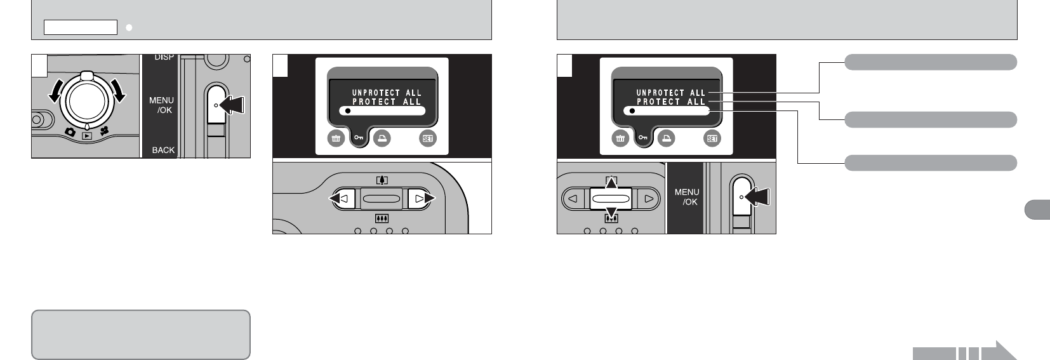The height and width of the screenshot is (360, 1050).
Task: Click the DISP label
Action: coord(164,58)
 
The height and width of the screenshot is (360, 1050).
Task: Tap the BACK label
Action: coord(163,150)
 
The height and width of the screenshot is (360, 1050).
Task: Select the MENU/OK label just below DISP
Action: coord(161,105)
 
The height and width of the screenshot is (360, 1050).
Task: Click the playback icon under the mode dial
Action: coord(86,135)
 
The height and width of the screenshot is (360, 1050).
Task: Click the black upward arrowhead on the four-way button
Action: coord(611,182)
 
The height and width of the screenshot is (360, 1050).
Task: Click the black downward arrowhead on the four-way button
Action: coord(611,213)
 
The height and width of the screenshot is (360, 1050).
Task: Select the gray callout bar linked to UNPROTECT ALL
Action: coord(931,62)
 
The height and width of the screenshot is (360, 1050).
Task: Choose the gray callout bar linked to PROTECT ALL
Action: coord(931,119)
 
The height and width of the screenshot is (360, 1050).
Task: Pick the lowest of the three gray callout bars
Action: coord(931,163)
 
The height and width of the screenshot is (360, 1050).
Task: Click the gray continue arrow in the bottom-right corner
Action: coord(965,351)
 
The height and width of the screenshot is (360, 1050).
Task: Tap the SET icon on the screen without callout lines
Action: coord(429,139)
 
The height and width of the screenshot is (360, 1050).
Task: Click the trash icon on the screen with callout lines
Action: coord(620,139)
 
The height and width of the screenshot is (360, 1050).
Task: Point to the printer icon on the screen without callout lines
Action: coord(382,139)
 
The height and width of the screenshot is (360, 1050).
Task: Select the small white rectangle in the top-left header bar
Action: coord(81,27)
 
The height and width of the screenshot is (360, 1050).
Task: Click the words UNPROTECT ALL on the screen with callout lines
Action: coord(671,93)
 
